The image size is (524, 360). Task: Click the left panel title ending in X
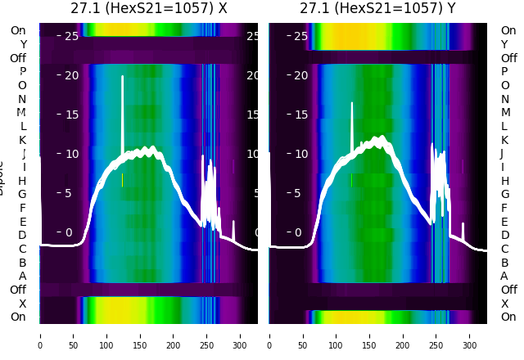pos(149,9)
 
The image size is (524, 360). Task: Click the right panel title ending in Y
pos(379,9)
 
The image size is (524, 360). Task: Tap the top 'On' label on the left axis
pos(18,30)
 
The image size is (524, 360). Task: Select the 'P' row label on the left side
pos(22,72)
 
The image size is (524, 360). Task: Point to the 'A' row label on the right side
pos(504,277)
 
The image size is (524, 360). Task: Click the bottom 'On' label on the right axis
pos(508,317)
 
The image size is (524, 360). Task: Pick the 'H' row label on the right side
pos(504,181)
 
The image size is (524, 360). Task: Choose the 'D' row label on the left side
pos(22,236)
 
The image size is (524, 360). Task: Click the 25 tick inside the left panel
pos(70,36)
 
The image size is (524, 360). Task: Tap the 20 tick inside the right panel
pos(300,75)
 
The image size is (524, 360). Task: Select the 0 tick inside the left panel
pos(69,232)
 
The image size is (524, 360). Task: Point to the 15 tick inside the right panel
pos(300,115)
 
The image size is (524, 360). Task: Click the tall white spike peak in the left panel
pos(123,77)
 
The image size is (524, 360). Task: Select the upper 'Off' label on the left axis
pos(18,58)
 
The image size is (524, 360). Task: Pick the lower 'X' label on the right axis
pos(504,304)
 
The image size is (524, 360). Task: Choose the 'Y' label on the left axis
pos(23,44)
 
